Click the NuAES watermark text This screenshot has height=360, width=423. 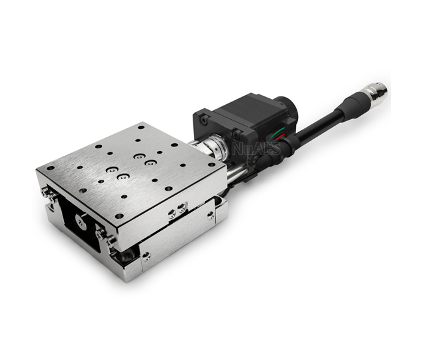point(256,148)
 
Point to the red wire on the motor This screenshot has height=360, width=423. point(280,135)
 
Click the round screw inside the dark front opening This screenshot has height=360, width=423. point(81,221)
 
